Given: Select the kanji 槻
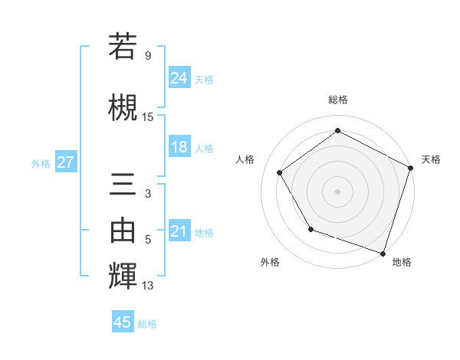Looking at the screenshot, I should coord(123,106).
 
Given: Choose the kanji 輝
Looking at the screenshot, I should coord(123,276).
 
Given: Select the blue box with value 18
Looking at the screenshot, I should coord(179,147).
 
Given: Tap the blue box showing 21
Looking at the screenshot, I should coord(179,231).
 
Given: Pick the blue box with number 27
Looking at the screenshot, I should coord(65,162).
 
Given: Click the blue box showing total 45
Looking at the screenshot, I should coord(123,322).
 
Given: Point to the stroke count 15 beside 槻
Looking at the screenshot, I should coord(148,116).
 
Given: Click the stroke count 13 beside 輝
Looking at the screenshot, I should coord(148,286).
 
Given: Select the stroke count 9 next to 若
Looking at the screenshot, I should coord(147,56).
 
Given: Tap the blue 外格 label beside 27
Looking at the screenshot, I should coord(41,163).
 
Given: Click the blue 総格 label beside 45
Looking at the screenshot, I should coord(147,323).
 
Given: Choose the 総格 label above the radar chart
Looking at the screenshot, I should coord(337,100).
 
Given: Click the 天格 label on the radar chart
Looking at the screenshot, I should coord(431,159).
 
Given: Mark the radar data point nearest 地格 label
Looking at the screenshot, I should coord(383,253).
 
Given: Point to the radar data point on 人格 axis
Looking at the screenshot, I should coord(280,172).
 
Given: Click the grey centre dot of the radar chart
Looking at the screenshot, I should coord(337,191).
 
